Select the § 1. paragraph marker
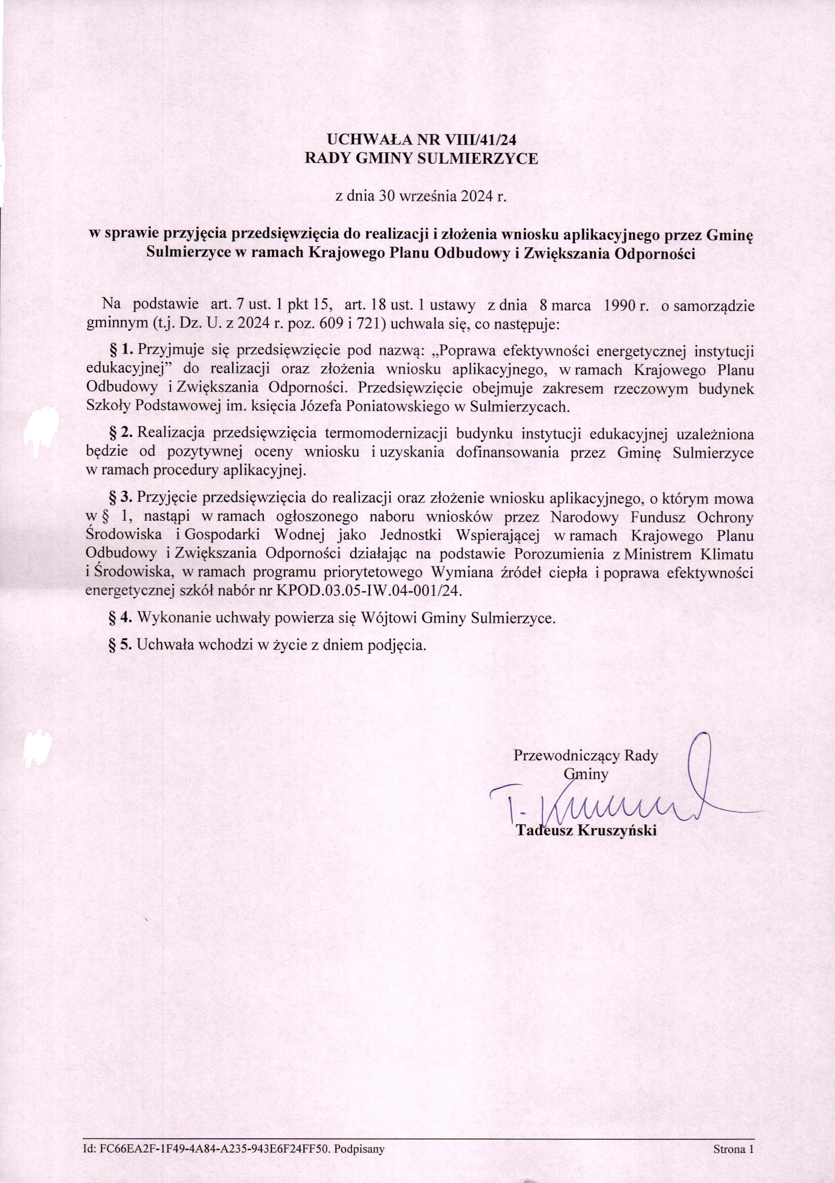[x=121, y=351]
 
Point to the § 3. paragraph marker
[x=121, y=498]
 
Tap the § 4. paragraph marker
[x=121, y=618]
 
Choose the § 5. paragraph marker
[x=121, y=645]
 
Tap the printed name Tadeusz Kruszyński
[x=586, y=830]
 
